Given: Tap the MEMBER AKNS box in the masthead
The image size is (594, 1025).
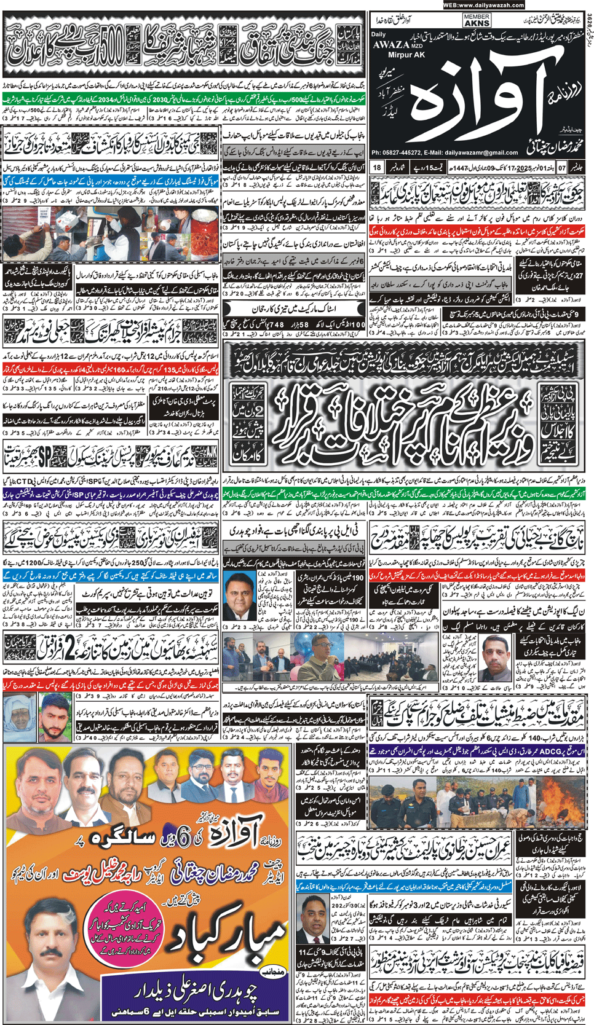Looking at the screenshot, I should (x=477, y=21).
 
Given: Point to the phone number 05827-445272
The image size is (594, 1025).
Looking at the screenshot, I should (x=405, y=153).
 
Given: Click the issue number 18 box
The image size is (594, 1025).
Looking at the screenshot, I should (x=377, y=168).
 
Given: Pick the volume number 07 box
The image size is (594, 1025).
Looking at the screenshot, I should (x=561, y=168).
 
